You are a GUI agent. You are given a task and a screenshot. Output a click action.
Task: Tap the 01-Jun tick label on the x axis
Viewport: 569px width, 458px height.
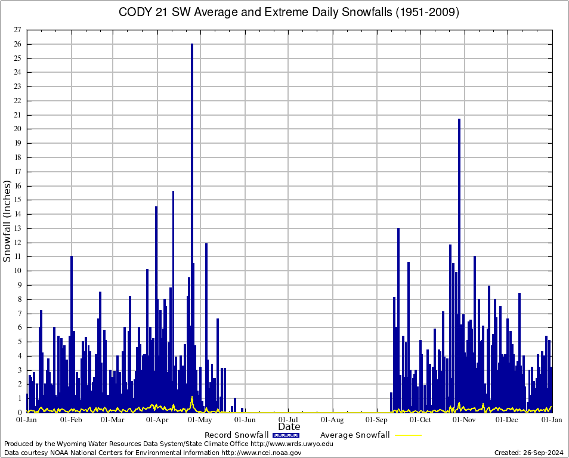[x=245, y=420]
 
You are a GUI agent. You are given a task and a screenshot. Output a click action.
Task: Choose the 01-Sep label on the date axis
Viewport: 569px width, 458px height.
[x=377, y=420]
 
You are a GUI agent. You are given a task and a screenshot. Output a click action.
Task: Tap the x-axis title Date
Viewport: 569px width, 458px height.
[x=289, y=427]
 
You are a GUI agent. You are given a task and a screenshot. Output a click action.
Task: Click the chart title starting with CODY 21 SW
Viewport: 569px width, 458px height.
[x=289, y=13]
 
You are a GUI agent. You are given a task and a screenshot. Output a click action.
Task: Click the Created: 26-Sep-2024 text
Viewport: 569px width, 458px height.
[x=529, y=453]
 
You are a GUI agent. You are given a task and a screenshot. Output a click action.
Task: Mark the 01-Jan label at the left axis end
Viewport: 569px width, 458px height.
[x=26, y=420]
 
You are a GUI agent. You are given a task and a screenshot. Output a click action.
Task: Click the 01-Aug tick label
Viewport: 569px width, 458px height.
[x=333, y=420]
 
